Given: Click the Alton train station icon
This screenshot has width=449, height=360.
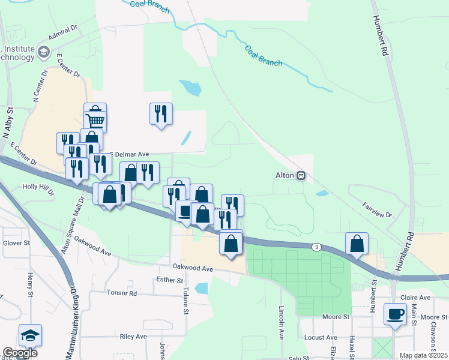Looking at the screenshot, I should pos(301,176).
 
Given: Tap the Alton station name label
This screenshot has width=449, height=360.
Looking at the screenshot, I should pos(282,176).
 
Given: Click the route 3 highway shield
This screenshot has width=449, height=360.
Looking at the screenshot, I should pos(316,247).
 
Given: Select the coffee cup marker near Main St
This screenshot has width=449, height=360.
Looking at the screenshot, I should pos(396,315).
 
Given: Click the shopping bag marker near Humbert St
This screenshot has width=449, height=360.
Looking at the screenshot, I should pos(357,244).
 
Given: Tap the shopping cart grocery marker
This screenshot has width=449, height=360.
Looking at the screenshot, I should pos(95,120).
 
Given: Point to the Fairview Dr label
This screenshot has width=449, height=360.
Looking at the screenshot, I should pos(376,209).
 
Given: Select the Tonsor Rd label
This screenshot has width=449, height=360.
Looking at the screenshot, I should pos(122,293).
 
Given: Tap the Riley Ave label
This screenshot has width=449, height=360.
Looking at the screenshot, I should pos(133,337).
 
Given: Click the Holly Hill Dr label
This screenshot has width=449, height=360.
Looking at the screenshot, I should pos(38,190).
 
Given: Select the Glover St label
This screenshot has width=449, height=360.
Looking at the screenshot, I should pos(16,243).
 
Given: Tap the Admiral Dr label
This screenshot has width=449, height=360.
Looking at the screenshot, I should pos(64,37).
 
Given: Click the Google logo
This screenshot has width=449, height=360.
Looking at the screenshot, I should pos(20,353).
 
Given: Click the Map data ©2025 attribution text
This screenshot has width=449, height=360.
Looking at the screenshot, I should pos(423,355).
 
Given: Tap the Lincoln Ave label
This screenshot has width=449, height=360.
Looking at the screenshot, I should pos(282,322).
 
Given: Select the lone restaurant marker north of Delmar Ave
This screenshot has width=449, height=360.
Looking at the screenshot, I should pos(161,113).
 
